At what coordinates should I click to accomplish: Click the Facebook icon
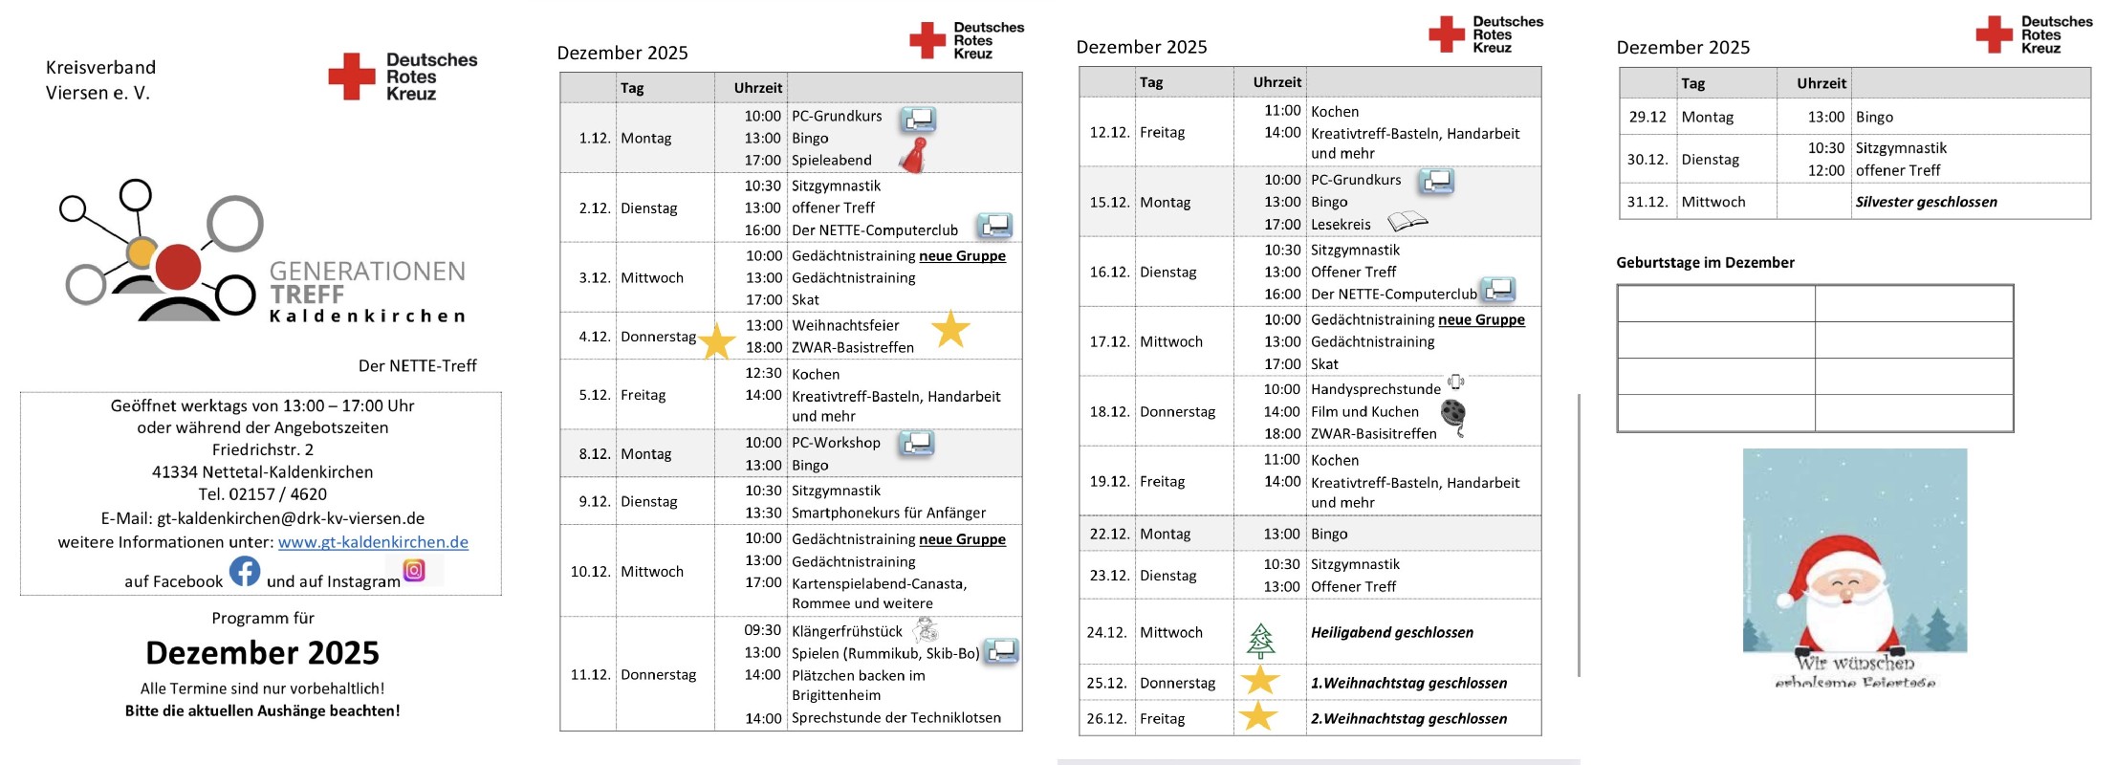tap(245, 572)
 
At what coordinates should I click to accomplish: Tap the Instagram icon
tap(414, 571)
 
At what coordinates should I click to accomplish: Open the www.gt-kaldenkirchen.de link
tap(373, 542)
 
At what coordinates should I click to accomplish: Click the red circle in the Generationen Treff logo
tap(178, 266)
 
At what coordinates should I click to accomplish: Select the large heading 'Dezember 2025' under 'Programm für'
tap(262, 652)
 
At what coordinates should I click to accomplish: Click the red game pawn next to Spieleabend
tap(916, 155)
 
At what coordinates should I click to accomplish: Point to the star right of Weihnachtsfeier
tap(950, 329)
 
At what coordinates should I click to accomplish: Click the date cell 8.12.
tap(594, 454)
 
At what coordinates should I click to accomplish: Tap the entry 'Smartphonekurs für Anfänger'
tap(888, 513)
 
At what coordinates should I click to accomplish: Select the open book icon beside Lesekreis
tap(1407, 222)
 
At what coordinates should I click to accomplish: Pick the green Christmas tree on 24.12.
tap(1260, 640)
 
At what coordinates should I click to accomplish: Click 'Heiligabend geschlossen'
tap(1391, 632)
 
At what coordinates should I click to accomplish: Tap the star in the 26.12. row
tap(1258, 715)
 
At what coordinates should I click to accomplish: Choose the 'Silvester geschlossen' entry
tap(1926, 202)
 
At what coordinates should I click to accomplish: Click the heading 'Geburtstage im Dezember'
tap(1705, 262)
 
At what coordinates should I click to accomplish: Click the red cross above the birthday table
tap(1994, 34)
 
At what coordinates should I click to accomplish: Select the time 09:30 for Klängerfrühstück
tap(762, 630)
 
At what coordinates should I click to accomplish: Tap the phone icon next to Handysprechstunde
tap(1455, 382)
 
